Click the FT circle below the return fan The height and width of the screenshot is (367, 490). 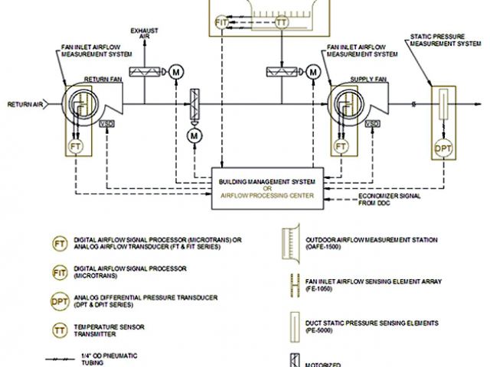(75, 145)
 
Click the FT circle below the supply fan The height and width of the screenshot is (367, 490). (341, 145)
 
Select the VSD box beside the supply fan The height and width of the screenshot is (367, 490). (373, 123)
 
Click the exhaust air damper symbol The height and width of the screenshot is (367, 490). (144, 72)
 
